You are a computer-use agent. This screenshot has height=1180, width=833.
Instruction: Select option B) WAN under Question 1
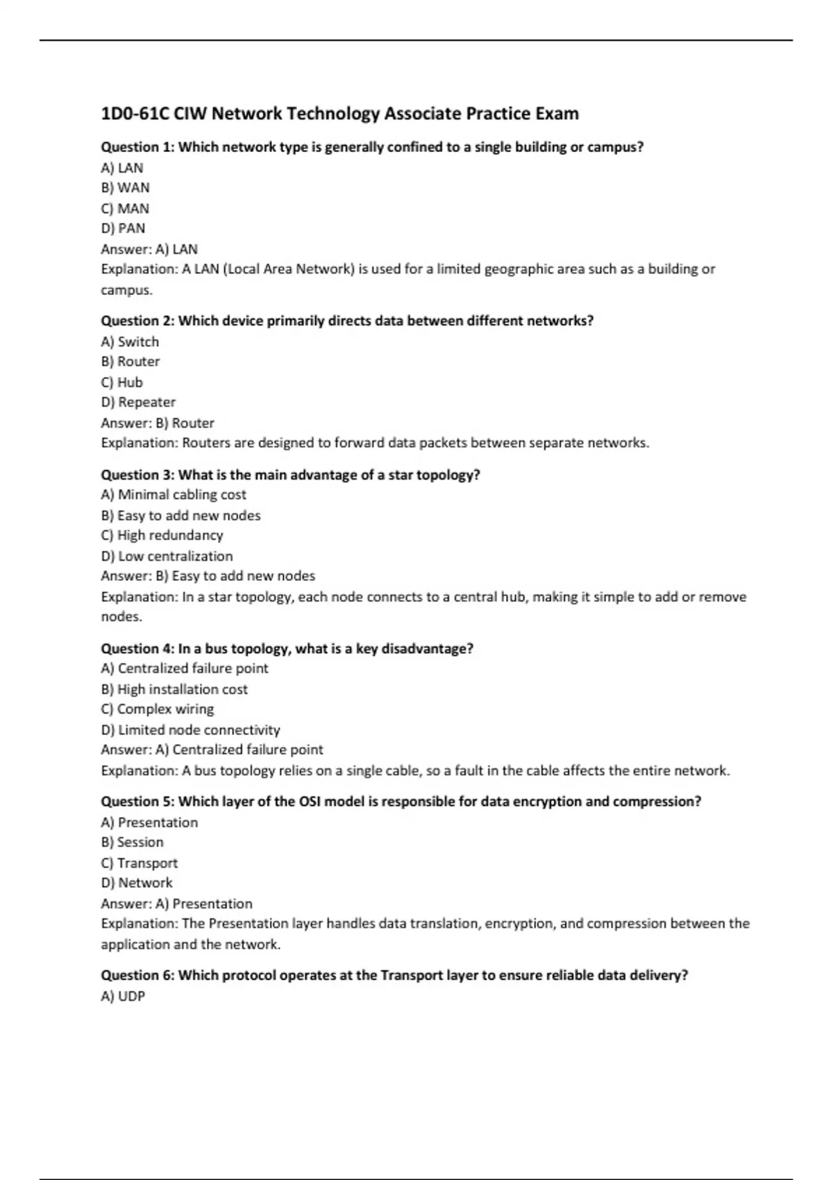pos(125,187)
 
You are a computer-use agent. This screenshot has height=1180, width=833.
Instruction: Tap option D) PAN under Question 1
pos(123,228)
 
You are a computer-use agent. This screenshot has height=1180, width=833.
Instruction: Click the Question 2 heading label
pos(137,321)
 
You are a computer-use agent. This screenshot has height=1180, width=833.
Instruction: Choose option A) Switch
pos(130,342)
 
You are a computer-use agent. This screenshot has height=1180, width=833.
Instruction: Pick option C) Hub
pos(121,382)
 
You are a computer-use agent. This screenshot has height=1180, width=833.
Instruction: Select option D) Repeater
pos(138,403)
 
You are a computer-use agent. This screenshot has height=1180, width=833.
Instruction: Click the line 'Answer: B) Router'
pos(158,423)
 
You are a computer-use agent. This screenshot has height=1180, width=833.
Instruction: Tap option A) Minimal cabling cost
pos(174,495)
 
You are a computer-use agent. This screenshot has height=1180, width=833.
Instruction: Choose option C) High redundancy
pos(162,535)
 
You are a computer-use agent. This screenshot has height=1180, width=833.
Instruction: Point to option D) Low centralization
pos(167,556)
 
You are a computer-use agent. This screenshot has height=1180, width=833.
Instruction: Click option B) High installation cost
pos(174,689)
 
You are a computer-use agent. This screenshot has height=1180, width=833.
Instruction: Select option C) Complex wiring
pos(158,709)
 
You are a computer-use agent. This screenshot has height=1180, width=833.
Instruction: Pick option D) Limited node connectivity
pos(190,730)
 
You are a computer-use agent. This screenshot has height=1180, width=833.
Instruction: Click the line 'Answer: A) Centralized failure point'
pos(212,750)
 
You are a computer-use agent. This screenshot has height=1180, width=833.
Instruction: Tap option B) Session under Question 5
pos(132,842)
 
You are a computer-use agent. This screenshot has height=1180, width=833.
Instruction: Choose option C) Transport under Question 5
pos(139,863)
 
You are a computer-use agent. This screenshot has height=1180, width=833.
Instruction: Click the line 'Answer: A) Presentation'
pos(176,904)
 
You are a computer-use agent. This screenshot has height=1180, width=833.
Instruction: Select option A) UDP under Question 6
pos(123,996)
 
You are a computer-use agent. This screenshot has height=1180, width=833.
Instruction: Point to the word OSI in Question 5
pos(310,802)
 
